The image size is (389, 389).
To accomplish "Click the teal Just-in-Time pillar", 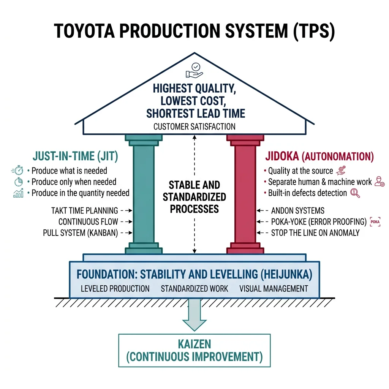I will pyautogui.click(x=144, y=194).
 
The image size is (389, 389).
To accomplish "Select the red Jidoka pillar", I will pyautogui.click(x=245, y=194).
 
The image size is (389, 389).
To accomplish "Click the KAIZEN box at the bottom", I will pyautogui.click(x=194, y=350).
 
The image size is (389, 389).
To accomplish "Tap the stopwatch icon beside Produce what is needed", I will pyautogui.click(x=17, y=171).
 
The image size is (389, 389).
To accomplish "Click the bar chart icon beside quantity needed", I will pyautogui.click(x=18, y=193).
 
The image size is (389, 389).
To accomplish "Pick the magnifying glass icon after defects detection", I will pyautogui.click(x=356, y=193).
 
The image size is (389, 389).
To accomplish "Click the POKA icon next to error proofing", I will pyautogui.click(x=375, y=222).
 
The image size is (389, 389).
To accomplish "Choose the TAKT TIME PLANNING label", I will pyautogui.click(x=84, y=210).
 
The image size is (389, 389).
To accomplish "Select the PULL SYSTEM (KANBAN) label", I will pyautogui.click(x=80, y=233).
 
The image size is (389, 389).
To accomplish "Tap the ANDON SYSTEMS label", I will pyautogui.click(x=297, y=210).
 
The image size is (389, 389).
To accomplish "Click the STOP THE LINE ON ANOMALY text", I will pyautogui.click(x=315, y=233).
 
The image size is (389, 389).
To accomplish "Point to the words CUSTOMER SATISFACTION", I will pyautogui.click(x=194, y=126).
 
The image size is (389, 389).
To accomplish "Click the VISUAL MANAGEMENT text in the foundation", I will pyautogui.click(x=274, y=288).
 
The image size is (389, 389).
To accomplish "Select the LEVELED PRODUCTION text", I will pyautogui.click(x=115, y=288).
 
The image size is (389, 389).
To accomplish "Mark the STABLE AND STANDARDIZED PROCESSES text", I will pyautogui.click(x=194, y=197).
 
